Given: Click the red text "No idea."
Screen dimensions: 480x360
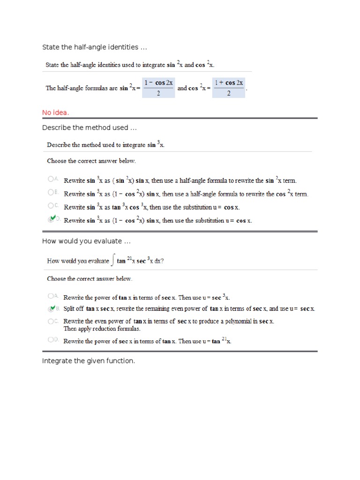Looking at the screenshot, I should point(55,112).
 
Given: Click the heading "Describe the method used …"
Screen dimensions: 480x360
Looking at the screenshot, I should point(89,127).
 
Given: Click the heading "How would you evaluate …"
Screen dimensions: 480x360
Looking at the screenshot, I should point(86,241).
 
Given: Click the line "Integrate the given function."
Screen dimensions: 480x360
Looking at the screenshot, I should point(89,361).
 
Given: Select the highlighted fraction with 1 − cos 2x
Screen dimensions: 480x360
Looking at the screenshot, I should point(158,88).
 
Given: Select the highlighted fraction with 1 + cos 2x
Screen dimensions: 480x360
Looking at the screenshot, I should point(229,88).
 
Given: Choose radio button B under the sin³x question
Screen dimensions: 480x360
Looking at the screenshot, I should point(50,193).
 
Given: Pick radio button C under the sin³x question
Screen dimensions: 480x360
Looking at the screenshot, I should point(50,206).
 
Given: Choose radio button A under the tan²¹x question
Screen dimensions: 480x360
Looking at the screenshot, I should point(50,296).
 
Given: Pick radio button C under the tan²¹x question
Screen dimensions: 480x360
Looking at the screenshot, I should point(50,321).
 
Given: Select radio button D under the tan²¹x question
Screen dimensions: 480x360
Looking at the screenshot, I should point(50,340).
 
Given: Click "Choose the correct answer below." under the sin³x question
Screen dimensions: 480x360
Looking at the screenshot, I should point(91,161).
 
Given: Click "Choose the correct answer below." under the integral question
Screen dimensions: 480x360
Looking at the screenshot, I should point(90,278).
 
